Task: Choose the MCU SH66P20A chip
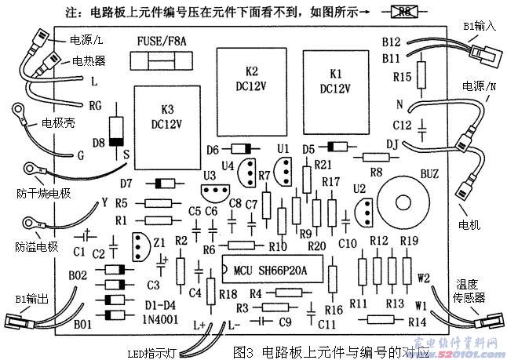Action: click(x=271, y=271)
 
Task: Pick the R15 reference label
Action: click(x=402, y=77)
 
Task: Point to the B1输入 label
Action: click(x=478, y=27)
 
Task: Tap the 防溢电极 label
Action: click(x=36, y=246)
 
